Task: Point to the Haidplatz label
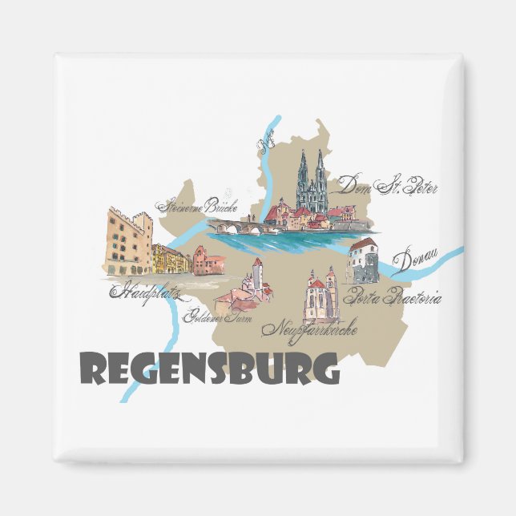145,289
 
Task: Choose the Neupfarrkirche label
315,328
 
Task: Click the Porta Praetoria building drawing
363,260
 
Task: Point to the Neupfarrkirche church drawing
320,296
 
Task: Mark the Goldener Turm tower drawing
257,277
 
